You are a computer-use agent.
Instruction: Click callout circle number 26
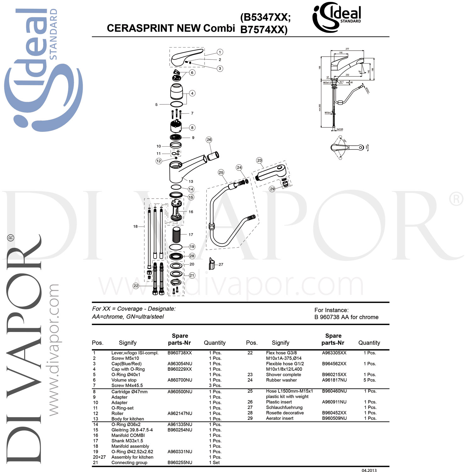pyautogui.click(x=209, y=140)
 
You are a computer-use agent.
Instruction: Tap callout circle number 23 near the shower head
pyautogui.click(x=259, y=160)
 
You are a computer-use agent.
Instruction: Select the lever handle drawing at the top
pyautogui.click(x=186, y=57)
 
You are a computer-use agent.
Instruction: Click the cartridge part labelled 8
pyautogui.click(x=176, y=126)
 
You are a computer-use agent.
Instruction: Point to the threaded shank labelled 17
pyautogui.click(x=177, y=235)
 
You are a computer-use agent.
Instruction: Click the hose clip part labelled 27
pyautogui.click(x=212, y=264)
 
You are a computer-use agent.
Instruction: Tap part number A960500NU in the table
pyautogui.click(x=180, y=392)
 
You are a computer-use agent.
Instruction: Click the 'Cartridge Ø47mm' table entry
pyautogui.click(x=129, y=392)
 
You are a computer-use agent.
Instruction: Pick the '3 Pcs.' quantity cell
pyautogui.click(x=215, y=385)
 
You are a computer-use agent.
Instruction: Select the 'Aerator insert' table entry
pyautogui.click(x=279, y=419)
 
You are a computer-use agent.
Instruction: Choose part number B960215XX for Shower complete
pyautogui.click(x=334, y=375)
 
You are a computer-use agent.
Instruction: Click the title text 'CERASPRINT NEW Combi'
pyautogui.click(x=171, y=28)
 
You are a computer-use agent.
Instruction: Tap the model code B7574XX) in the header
pyautogui.click(x=264, y=30)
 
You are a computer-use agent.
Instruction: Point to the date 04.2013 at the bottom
pyautogui.click(x=369, y=471)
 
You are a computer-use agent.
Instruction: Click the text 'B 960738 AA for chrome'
pyautogui.click(x=346, y=317)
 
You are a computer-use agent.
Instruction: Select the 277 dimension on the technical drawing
pyautogui.click(x=347, y=49)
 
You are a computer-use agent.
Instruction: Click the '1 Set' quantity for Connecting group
pyautogui.click(x=215, y=463)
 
